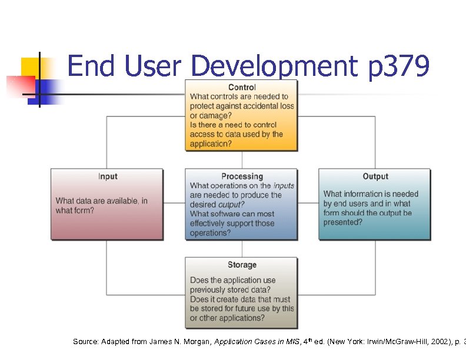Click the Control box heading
click(x=242, y=88)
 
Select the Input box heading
click(x=108, y=176)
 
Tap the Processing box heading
click(x=242, y=176)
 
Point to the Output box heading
click(x=375, y=176)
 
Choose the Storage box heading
click(x=242, y=265)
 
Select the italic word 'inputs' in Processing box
click(x=284, y=186)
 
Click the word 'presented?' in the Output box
click(x=342, y=222)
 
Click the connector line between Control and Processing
click(x=242, y=160)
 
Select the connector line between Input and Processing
click(x=174, y=204)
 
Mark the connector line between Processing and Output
click(x=308, y=204)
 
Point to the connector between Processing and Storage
click(x=242, y=248)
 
